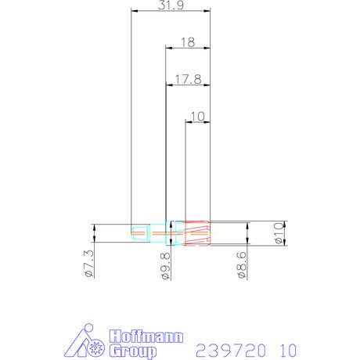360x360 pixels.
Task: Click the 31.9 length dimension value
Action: pos(171,5)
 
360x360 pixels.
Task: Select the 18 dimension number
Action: pos(188,42)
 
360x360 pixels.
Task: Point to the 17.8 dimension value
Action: pos(188,79)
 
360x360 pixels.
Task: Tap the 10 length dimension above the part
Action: pos(198,117)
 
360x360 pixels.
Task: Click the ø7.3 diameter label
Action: pos(88,264)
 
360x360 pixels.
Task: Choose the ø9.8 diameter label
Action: pos(165,266)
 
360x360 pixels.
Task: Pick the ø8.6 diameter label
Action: pos(242,265)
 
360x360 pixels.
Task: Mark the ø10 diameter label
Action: pos(279,233)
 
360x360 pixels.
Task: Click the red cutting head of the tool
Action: pos(197,233)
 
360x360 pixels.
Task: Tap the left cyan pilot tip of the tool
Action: pos(141,233)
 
